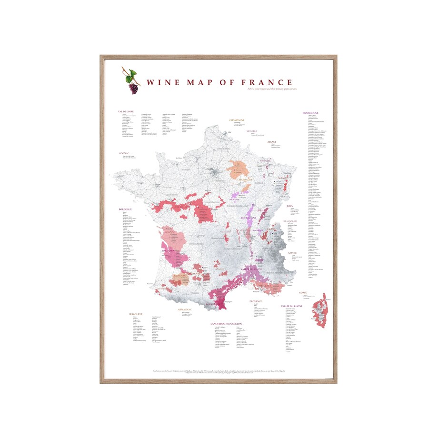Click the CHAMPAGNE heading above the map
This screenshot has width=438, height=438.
237,120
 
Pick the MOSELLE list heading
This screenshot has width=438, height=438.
251,130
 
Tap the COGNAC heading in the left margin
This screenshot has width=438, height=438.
124,153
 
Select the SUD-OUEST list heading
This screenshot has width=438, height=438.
135,314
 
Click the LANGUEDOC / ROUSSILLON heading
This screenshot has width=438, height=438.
227,324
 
